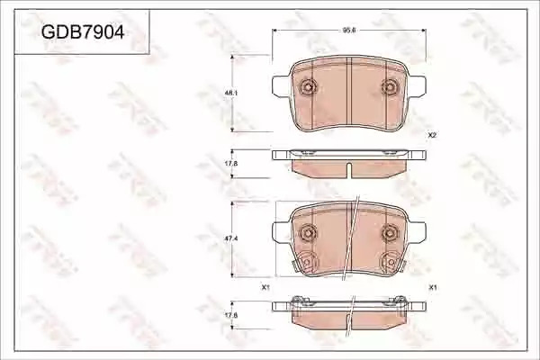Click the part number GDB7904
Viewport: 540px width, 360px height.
point(83,32)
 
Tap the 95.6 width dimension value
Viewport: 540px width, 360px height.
point(348,30)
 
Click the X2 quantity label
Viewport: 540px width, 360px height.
point(432,135)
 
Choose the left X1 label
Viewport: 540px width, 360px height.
point(265,287)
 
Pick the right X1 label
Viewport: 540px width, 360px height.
point(433,287)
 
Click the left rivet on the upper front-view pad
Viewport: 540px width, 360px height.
point(308,86)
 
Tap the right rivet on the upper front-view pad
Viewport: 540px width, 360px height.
point(390,86)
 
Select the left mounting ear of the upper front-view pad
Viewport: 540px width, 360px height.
point(281,85)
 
